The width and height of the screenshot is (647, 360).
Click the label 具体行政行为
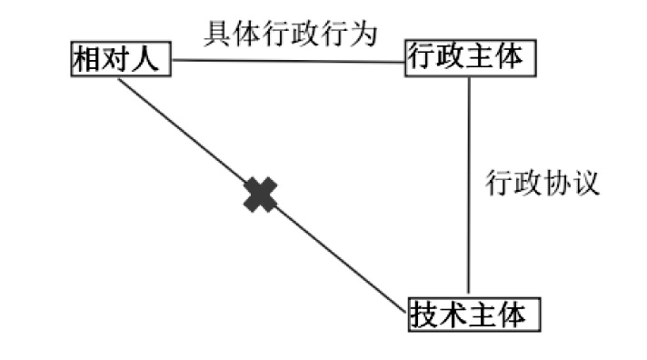click(291, 34)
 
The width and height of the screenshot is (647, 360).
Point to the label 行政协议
click(542, 182)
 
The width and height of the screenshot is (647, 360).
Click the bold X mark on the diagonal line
click(261, 195)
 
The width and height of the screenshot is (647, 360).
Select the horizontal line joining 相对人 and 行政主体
click(288, 61)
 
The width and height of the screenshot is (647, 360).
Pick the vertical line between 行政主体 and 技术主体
click(469, 185)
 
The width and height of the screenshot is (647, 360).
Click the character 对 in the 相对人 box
click(116, 58)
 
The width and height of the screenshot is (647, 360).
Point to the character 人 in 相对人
click(145, 58)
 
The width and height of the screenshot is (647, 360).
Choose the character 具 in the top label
click(217, 34)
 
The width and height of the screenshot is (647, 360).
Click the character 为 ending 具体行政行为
click(364, 34)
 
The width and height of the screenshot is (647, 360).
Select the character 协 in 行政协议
click(557, 182)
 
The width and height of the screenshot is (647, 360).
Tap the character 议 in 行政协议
click(585, 182)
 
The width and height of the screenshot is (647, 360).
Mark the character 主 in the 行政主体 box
click(481, 56)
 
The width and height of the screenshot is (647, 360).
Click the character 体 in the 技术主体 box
click(513, 315)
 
